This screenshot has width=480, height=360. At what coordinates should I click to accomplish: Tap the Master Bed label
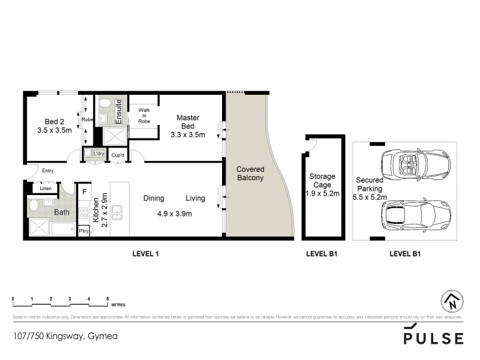pos(188,126)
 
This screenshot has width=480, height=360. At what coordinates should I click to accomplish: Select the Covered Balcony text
pos(250,174)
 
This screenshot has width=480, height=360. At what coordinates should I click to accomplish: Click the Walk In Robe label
pos(144,115)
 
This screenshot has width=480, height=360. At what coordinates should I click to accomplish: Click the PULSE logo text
pos(433,338)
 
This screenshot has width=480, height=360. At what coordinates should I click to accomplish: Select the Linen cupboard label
pos(45,189)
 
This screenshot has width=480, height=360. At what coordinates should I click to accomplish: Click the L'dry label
pos(98,154)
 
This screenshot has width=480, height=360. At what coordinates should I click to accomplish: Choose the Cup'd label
pos(118,155)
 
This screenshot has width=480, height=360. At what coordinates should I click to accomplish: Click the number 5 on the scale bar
pos(107,298)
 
